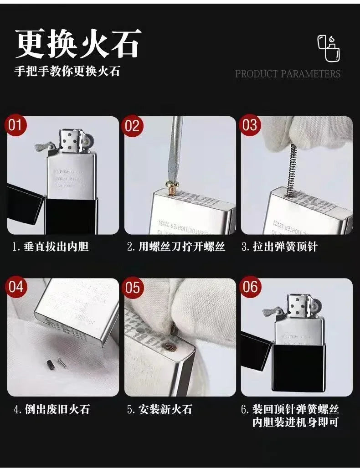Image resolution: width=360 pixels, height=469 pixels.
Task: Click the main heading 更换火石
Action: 78,44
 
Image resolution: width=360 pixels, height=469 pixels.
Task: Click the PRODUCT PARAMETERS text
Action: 288,74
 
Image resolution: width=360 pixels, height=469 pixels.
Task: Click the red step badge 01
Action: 16,125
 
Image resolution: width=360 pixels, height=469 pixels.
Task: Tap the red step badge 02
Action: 132,125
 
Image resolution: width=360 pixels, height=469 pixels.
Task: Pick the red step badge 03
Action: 250,125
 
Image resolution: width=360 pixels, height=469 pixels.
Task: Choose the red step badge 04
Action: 16,287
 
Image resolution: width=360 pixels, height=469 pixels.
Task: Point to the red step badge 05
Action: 132,287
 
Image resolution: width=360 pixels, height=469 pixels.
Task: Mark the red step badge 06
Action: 250,287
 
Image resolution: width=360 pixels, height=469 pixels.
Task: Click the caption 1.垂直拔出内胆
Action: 51,247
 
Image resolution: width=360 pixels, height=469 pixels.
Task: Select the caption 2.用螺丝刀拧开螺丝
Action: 176,247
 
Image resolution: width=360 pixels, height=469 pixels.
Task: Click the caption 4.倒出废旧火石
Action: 51,409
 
